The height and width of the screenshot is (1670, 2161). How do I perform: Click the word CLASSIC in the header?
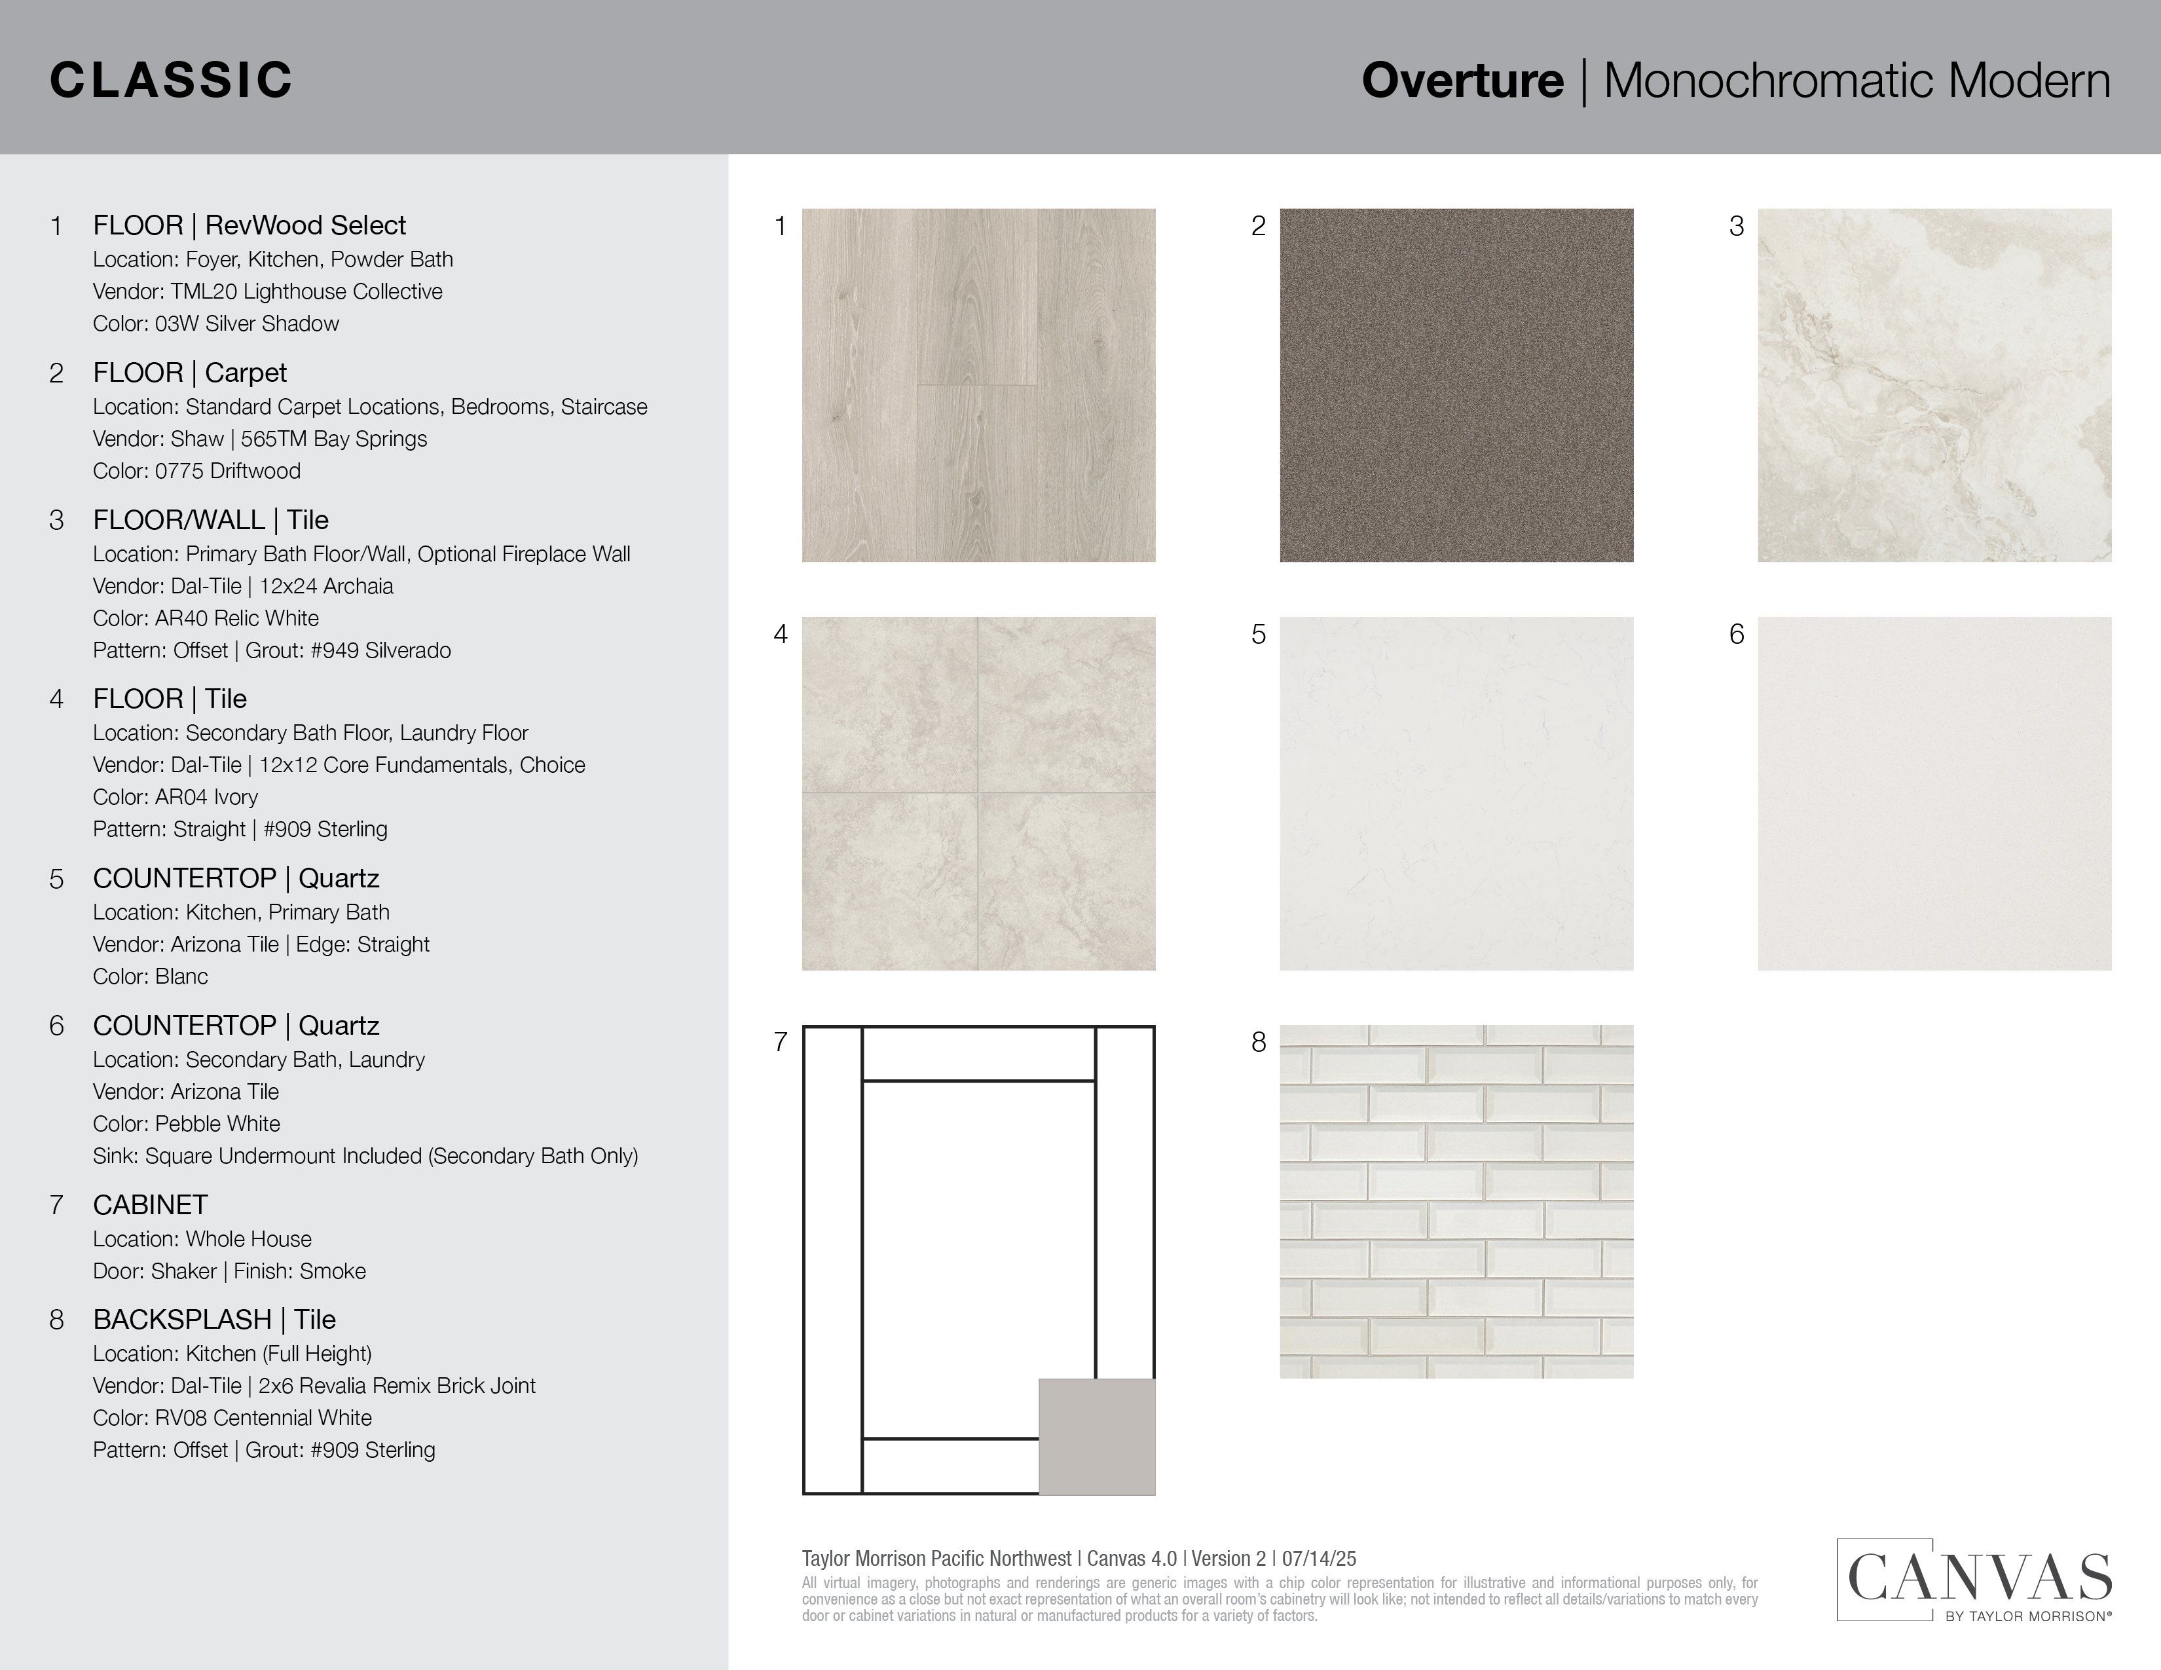tap(171, 80)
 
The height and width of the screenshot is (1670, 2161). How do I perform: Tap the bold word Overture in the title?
tap(1462, 80)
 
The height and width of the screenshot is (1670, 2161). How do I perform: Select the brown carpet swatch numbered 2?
tap(1456, 385)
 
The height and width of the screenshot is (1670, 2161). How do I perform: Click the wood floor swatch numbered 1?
tap(978, 385)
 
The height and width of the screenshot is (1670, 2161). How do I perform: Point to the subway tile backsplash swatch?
tap(1456, 1201)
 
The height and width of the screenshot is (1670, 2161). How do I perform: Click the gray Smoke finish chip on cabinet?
tap(1096, 1436)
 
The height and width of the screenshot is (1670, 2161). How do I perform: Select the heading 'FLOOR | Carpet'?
tap(189, 373)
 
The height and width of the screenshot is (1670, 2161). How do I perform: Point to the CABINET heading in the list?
tap(151, 1205)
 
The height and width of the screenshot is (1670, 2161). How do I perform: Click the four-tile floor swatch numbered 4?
tap(978, 794)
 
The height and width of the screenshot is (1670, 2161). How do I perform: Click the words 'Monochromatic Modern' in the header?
tap(1856, 80)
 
